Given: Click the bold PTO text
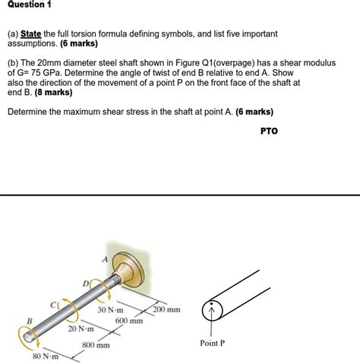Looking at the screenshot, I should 269,131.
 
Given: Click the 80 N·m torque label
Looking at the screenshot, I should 46,356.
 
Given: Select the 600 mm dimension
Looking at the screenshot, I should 129,321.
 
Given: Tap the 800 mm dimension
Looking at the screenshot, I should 96,345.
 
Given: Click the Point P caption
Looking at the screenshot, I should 212,343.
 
